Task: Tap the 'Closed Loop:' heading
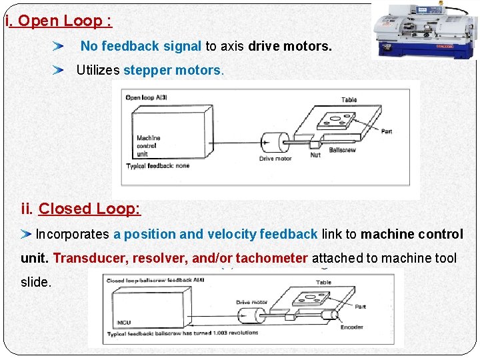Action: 89,209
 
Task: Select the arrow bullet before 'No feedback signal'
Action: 59,47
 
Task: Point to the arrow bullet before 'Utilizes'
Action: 59,70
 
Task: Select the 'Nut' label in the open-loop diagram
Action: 315,154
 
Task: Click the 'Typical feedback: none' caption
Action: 158,165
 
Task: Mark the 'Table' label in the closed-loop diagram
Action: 323,282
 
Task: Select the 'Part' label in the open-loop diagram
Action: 387,131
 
